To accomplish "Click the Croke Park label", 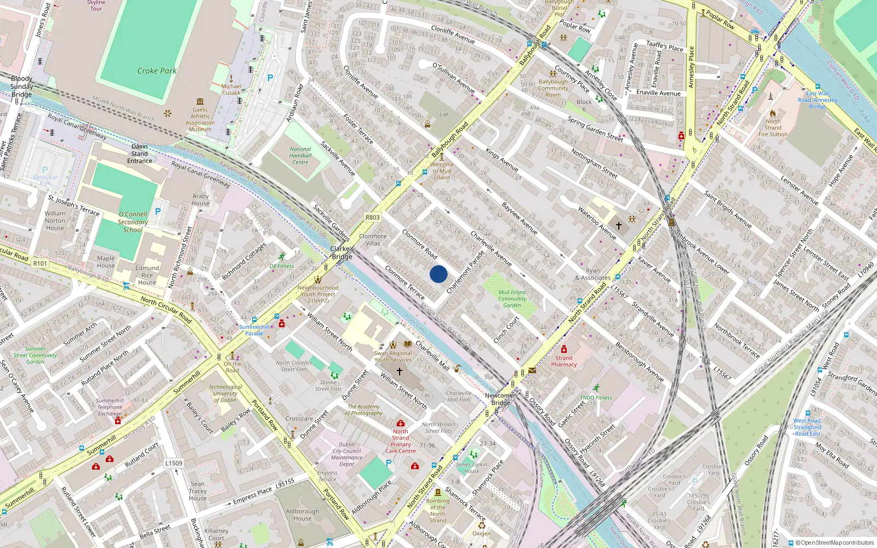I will [x=157, y=71].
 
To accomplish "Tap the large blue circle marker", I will [x=438, y=274].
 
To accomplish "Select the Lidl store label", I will [x=443, y=115].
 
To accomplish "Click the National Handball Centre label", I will [x=300, y=156].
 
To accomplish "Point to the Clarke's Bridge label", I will [x=342, y=253].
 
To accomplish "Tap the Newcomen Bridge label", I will [x=500, y=399].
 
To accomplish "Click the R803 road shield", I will [x=372, y=218].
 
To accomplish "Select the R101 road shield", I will [x=40, y=264].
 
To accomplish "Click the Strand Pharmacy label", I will [x=564, y=361].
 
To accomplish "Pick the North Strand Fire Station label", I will [x=773, y=128].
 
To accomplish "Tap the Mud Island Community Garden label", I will [x=512, y=299].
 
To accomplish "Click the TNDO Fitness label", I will [x=596, y=398].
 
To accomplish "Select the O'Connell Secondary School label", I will [x=133, y=222].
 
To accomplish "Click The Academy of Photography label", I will [x=363, y=410].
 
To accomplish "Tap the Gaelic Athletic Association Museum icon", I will [x=200, y=101].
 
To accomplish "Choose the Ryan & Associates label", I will [x=593, y=274].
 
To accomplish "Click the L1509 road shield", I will [x=174, y=463].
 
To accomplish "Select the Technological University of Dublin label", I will [x=225, y=393].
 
